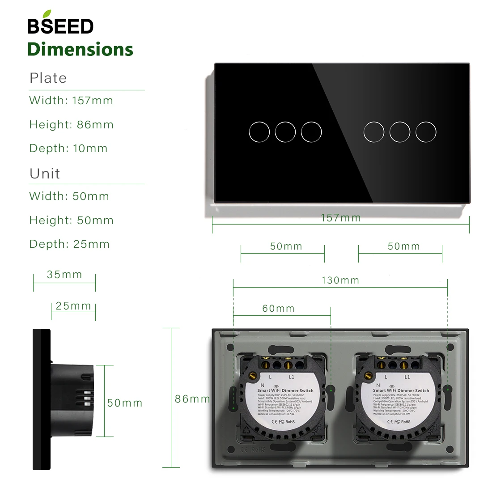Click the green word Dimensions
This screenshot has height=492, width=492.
coord(81,49)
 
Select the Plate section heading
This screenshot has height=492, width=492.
coord(48,78)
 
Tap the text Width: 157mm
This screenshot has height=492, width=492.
coord(71,100)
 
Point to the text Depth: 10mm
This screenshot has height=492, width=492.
coord(68,148)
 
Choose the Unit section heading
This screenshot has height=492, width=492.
coord(45,174)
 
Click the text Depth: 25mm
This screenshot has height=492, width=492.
coord(69,244)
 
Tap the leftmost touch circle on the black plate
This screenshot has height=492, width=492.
coord(259,132)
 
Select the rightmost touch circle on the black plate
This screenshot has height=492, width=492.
coord(425,132)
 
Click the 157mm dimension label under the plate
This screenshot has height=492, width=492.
coord(341,218)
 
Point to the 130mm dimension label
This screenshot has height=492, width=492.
coord(340,280)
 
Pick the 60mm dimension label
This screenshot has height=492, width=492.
coord(278,308)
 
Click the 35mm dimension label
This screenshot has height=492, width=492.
coord(64,275)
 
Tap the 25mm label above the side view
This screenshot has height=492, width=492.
coord(73,306)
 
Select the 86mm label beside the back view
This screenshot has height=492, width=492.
coord(192,399)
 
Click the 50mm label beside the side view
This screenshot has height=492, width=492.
coord(125,403)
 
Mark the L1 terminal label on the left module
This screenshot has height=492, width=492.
coord(292,377)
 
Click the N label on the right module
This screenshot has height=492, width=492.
coord(378,385)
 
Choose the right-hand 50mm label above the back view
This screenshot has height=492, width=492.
coord(403,246)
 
